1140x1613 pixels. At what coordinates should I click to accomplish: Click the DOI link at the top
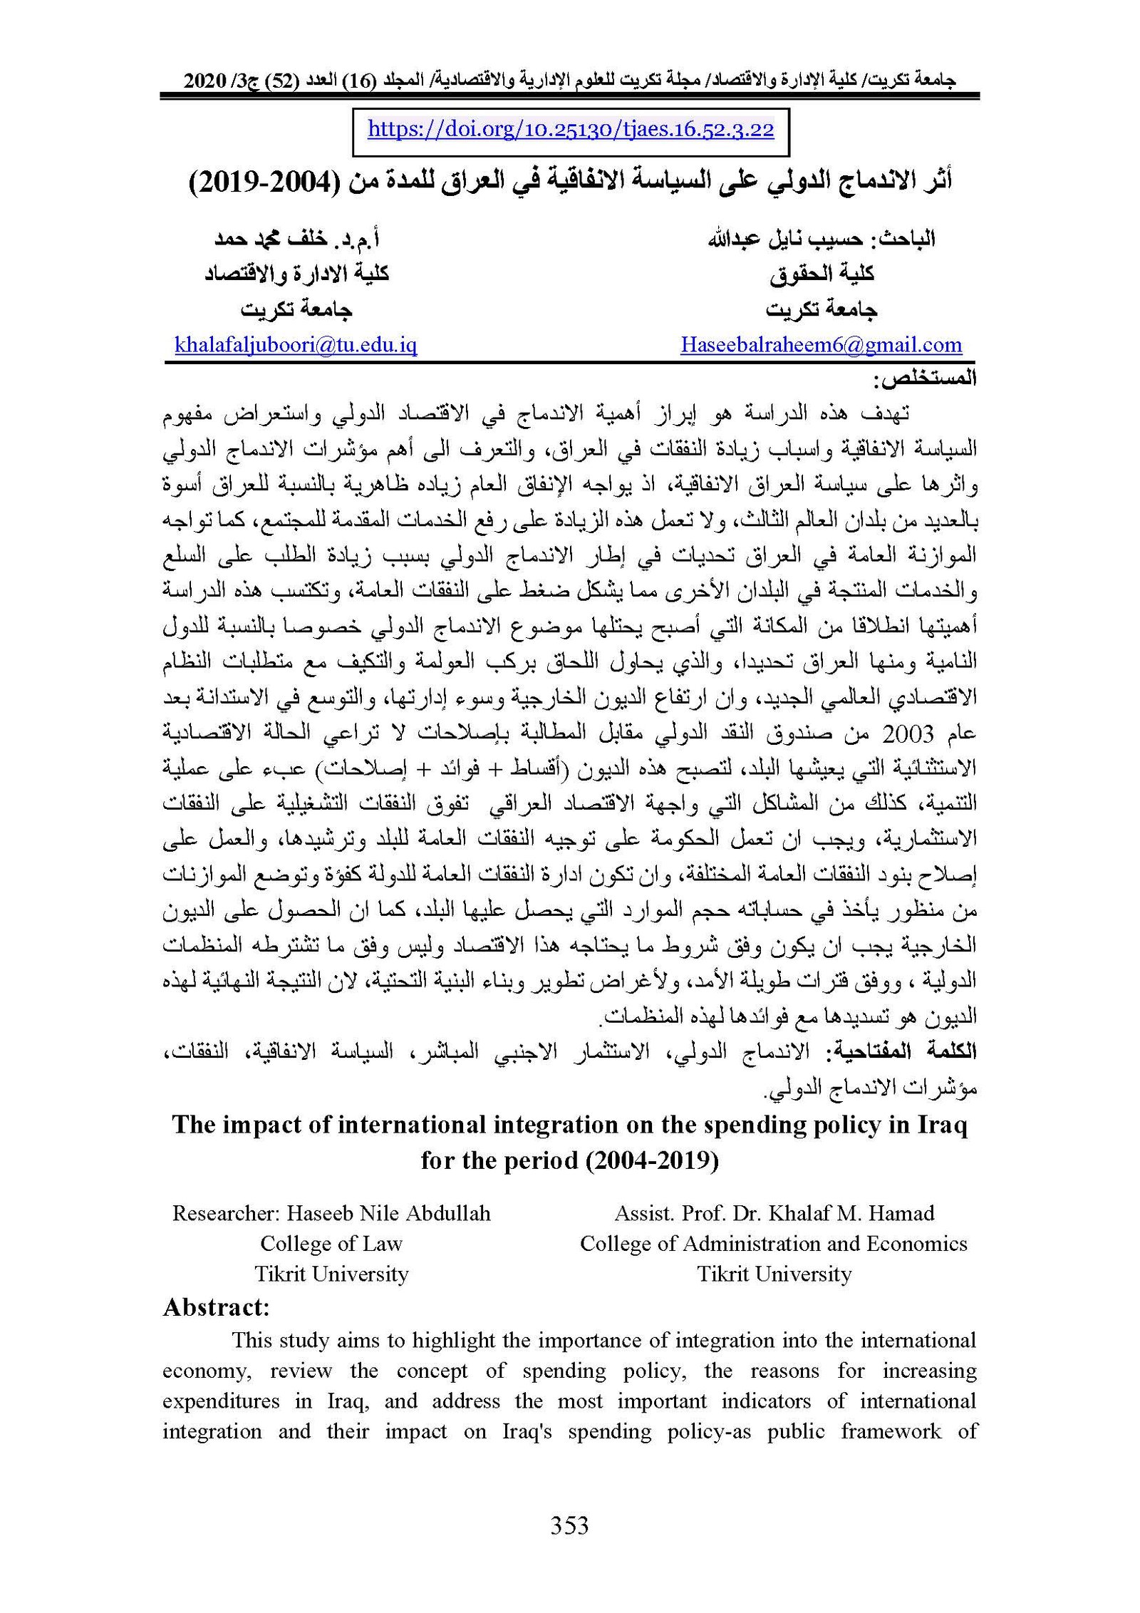[x=571, y=130]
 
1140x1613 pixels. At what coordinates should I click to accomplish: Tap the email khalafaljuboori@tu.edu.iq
[x=296, y=346]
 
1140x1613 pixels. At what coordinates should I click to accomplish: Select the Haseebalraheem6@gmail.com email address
[x=821, y=346]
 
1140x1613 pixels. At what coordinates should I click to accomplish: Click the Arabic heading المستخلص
[x=925, y=378]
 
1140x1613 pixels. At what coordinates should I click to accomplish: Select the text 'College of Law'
[x=331, y=1244]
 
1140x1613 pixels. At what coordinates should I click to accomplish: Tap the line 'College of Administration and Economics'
[x=773, y=1244]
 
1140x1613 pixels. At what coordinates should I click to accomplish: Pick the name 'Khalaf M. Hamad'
[x=854, y=1213]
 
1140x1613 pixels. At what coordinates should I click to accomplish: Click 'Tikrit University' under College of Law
[x=331, y=1274]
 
